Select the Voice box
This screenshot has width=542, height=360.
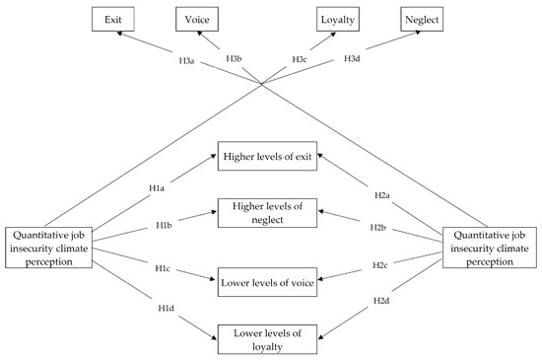point(197,19)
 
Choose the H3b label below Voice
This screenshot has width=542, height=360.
point(234,59)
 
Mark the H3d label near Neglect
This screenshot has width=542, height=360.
point(351,60)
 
